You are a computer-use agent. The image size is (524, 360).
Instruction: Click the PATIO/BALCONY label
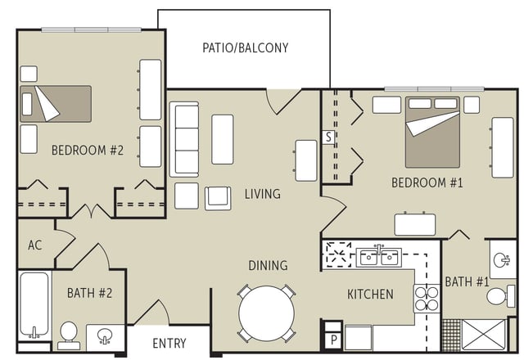pos(246,47)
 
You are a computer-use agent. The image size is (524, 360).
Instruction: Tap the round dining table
pos(267,313)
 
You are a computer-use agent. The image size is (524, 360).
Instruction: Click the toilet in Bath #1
pos(501,296)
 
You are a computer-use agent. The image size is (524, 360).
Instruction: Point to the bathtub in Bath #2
pos(34,305)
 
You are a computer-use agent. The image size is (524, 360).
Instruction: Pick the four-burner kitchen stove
pos(427,298)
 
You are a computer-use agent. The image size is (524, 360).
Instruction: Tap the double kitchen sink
pos(378,257)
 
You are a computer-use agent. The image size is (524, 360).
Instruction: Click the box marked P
pos(333,340)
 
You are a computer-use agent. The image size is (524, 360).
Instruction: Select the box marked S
pos(328,137)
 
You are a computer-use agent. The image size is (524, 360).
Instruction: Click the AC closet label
pos(35,245)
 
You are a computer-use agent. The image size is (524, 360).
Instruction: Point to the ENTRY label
pos(169,344)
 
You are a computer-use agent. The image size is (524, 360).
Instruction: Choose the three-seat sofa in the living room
pos(184,139)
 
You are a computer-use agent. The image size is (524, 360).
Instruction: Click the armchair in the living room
pos(218,198)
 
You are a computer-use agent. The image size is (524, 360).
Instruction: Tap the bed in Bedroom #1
pos(432,133)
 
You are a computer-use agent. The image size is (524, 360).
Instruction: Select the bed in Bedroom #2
pos(56,104)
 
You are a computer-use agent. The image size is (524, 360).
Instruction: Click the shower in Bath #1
pos(484,335)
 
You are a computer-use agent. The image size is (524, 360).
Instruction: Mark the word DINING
pos(268,265)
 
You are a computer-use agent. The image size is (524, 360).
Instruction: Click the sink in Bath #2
pos(106,335)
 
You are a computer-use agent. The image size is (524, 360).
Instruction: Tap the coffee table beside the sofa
pos(223,139)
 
